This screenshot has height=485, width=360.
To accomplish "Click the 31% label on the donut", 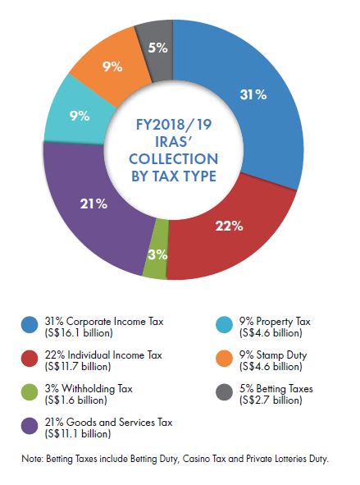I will tap(253, 94).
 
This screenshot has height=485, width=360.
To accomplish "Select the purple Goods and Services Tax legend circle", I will tap(29, 425).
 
